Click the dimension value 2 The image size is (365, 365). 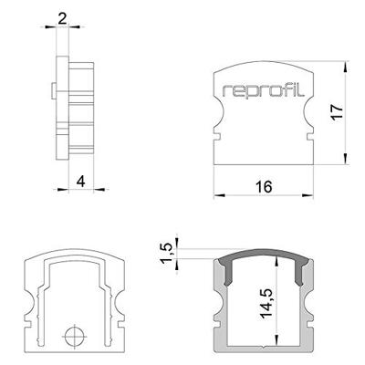(62, 16)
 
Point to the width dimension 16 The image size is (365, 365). (264, 187)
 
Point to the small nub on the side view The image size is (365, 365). (54, 89)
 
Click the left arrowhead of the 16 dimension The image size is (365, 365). (217, 195)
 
